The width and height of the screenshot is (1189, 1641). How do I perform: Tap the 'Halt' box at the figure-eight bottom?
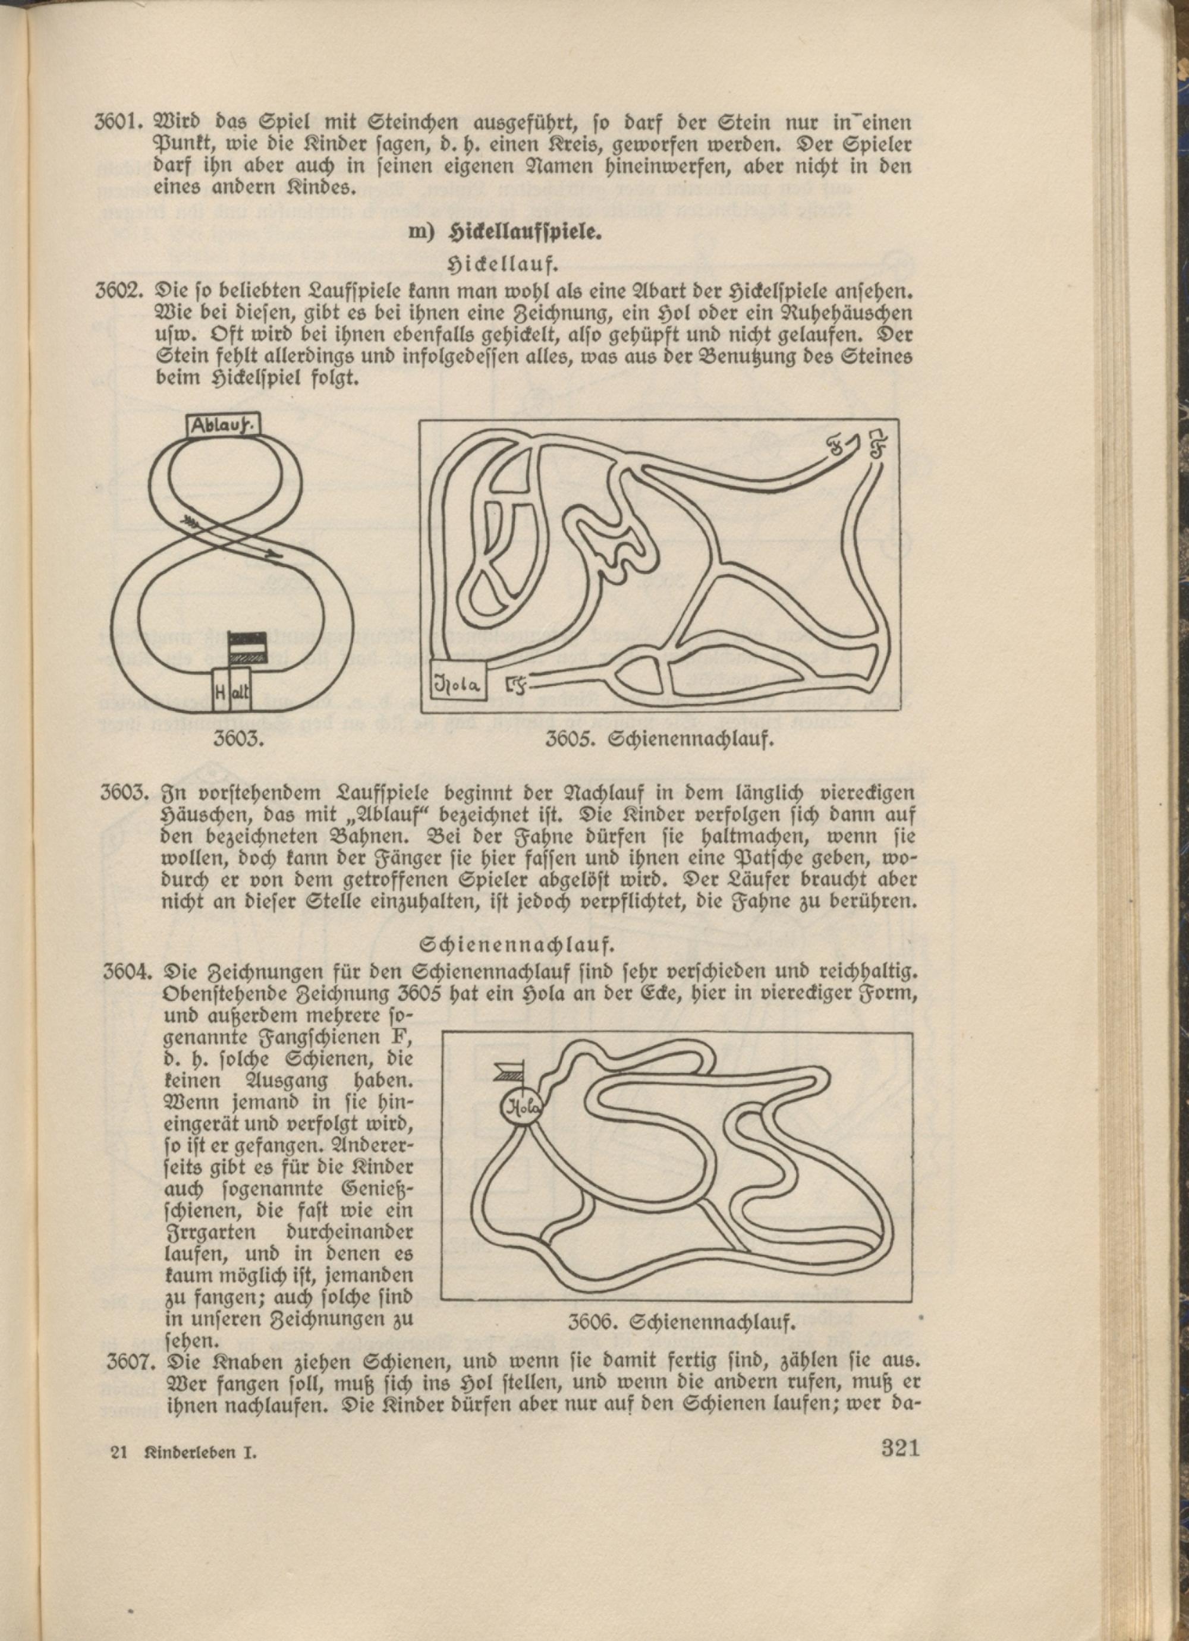tap(232, 692)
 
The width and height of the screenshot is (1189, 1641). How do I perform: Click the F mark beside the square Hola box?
tap(514, 683)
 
